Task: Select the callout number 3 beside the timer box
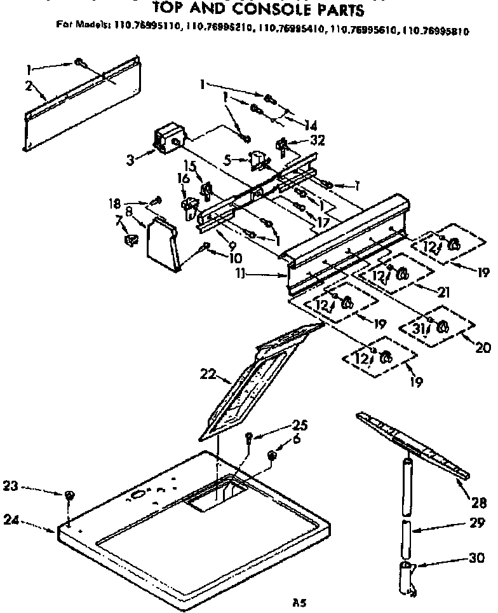point(130,160)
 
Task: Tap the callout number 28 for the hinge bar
point(479,504)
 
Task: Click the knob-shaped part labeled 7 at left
point(131,240)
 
